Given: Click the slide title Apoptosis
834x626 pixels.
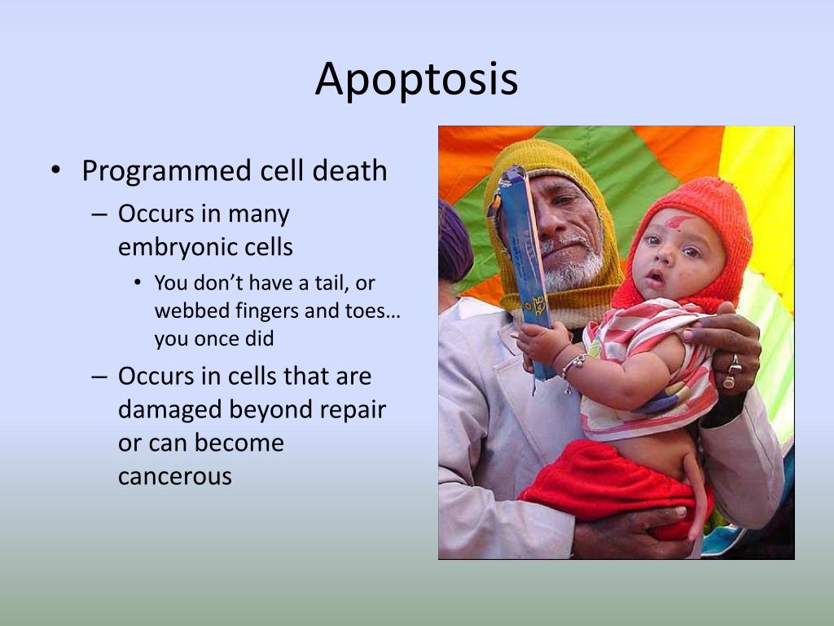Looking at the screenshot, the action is tap(416, 80).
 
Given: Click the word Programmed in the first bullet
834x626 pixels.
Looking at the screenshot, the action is tap(166, 171).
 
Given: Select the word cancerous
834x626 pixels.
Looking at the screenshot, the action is tap(175, 476).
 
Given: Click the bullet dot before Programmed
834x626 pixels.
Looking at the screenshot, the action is tap(55, 170).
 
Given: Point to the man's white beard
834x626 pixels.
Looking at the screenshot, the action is tap(572, 269).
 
